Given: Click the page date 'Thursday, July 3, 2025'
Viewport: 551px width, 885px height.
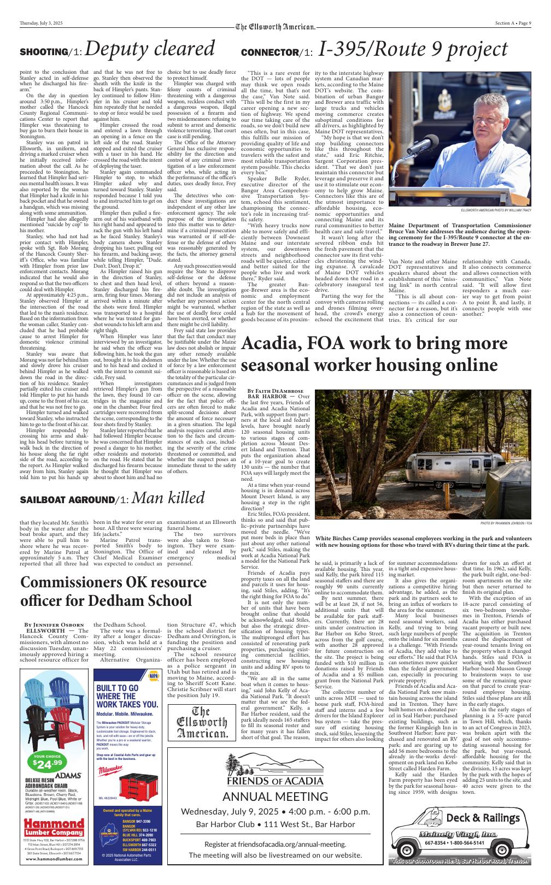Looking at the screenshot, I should (41, 23).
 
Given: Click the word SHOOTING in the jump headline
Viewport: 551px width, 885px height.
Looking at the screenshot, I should (43, 52).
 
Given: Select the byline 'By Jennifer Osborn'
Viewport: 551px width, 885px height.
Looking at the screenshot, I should (55, 624).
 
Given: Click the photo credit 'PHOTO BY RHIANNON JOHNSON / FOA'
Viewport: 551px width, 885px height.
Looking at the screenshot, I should (506, 523).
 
